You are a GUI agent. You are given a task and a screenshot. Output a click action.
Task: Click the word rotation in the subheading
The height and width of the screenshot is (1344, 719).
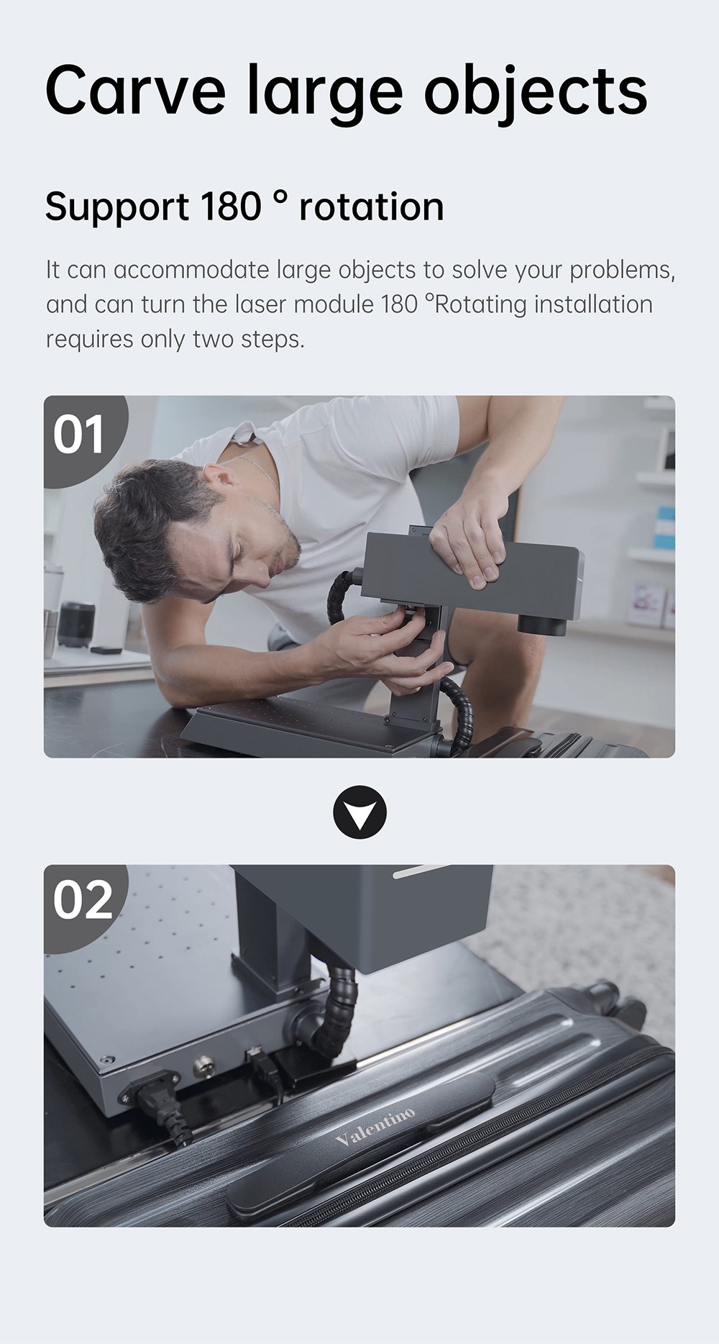coord(371,207)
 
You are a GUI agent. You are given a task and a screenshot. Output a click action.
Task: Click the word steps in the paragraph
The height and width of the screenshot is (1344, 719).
coord(273,340)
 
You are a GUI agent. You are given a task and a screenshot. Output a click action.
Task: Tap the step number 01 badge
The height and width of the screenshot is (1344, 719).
coord(79,435)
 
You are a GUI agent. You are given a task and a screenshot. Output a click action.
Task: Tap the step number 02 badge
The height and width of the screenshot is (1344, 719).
coord(83,900)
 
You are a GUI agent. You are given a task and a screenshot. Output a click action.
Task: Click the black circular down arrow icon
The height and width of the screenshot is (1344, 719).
coord(359,813)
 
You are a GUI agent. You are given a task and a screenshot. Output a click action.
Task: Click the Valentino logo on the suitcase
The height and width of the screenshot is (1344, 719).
coord(375,1127)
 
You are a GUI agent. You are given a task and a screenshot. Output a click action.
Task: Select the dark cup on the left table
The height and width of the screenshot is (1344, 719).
coord(75,624)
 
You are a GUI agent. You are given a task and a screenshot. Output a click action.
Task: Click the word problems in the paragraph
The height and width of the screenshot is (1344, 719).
coord(622,271)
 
